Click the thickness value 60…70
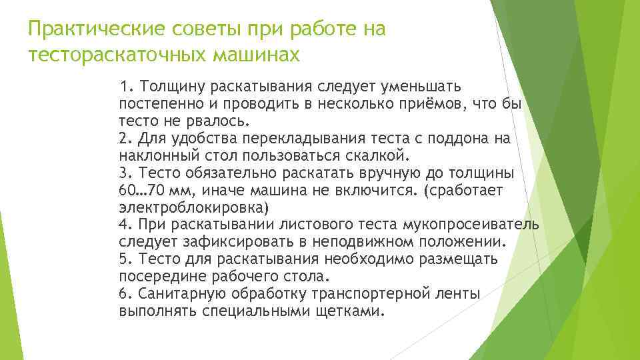pyautogui.click(x=141, y=191)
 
